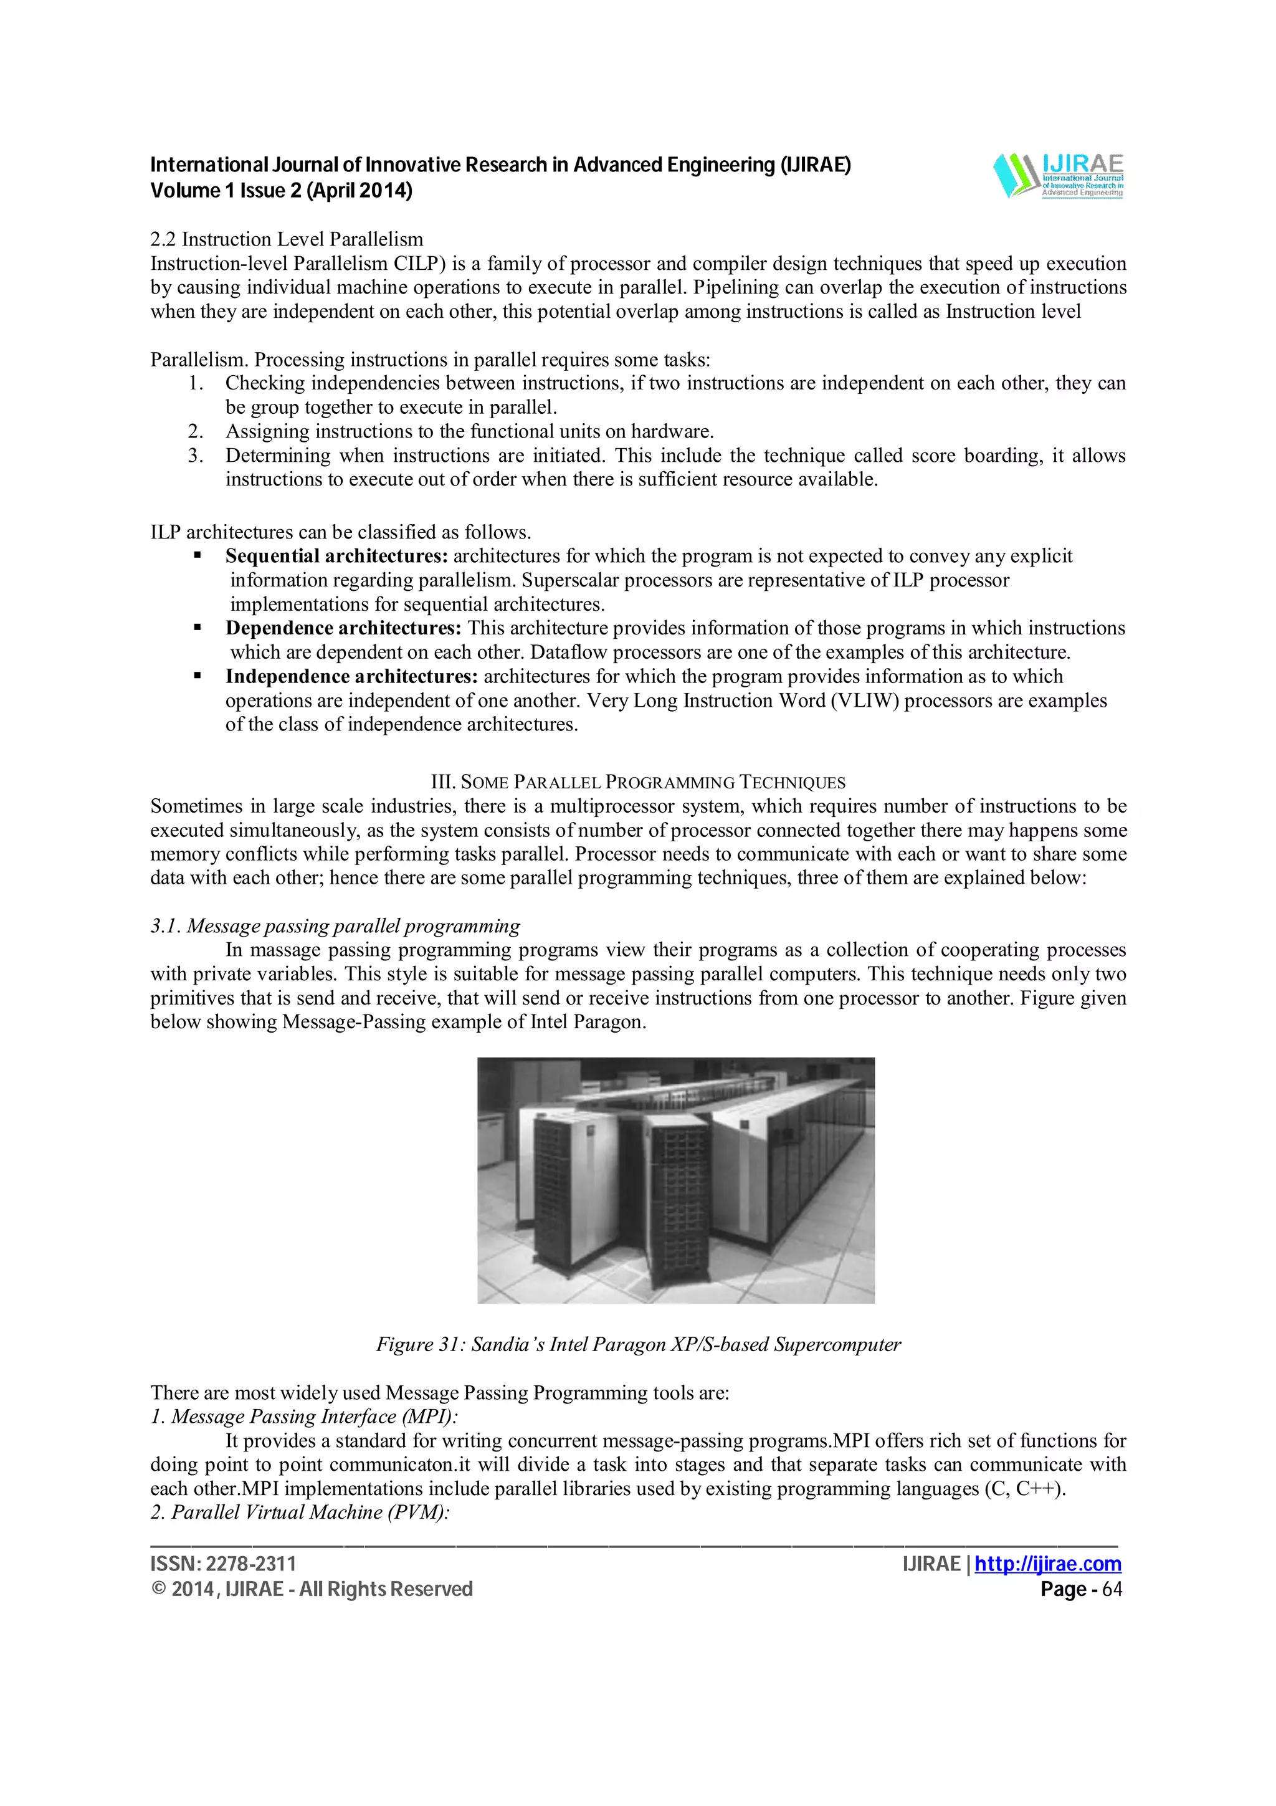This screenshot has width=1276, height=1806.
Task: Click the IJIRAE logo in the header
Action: click(1058, 174)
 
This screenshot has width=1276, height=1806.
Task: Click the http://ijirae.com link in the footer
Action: click(1047, 1564)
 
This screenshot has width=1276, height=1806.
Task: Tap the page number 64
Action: click(1112, 1589)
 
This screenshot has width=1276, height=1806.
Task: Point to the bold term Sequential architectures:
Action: click(336, 556)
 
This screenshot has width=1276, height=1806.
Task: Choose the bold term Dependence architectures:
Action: click(343, 628)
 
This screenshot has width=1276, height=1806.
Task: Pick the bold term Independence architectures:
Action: click(351, 676)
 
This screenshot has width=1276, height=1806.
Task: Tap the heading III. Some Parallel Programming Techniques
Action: click(637, 782)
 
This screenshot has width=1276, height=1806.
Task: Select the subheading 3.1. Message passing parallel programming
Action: click(335, 926)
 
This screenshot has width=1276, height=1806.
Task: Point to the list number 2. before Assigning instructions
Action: click(195, 432)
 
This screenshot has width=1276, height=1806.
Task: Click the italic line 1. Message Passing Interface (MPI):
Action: click(304, 1417)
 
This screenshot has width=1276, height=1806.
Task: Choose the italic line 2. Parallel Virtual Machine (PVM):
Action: click(300, 1512)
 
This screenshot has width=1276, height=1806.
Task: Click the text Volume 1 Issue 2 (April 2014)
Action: click(280, 190)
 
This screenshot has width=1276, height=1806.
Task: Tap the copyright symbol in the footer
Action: click(158, 1590)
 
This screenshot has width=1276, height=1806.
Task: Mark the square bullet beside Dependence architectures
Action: click(198, 628)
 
